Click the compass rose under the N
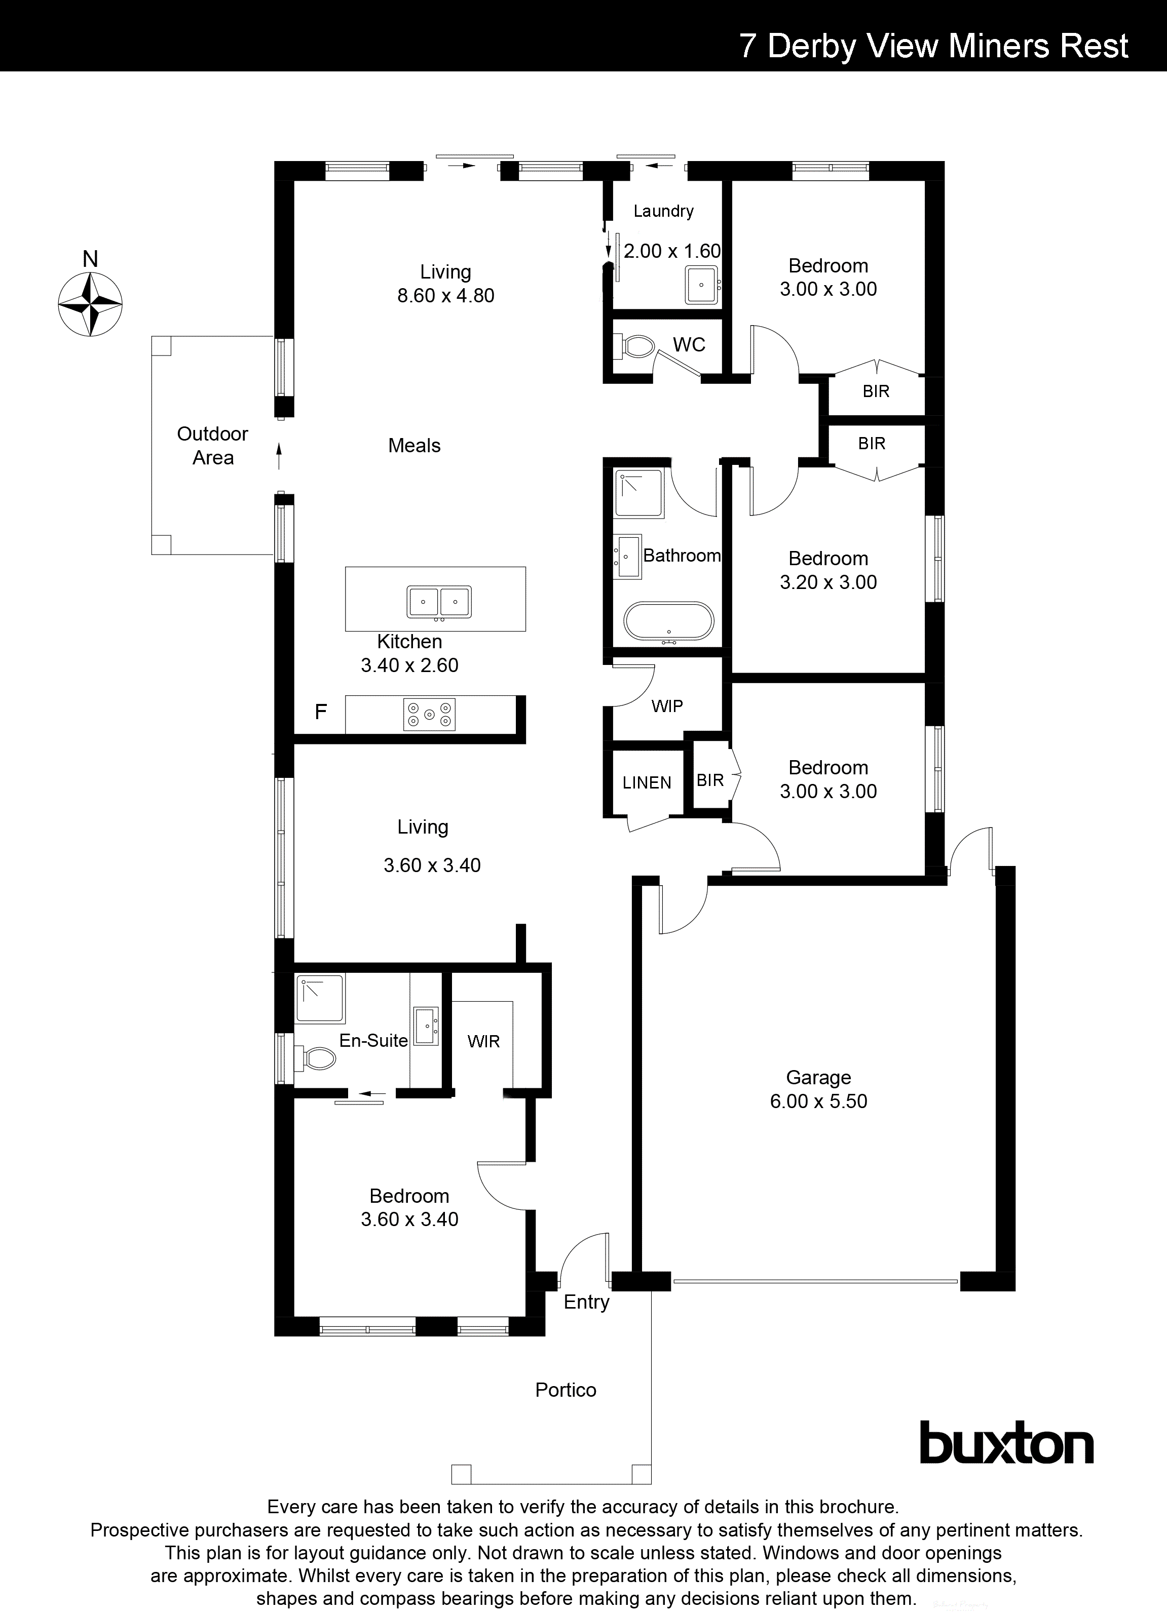(x=90, y=304)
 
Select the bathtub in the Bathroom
(x=667, y=622)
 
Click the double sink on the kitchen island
(x=439, y=602)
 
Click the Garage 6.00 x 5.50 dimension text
(x=818, y=1101)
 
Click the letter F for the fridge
(x=321, y=712)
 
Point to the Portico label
(x=566, y=1390)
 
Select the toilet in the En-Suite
(x=318, y=1058)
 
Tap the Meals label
(x=414, y=446)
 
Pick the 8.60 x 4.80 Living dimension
(x=445, y=296)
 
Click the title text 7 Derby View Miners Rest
(x=933, y=46)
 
